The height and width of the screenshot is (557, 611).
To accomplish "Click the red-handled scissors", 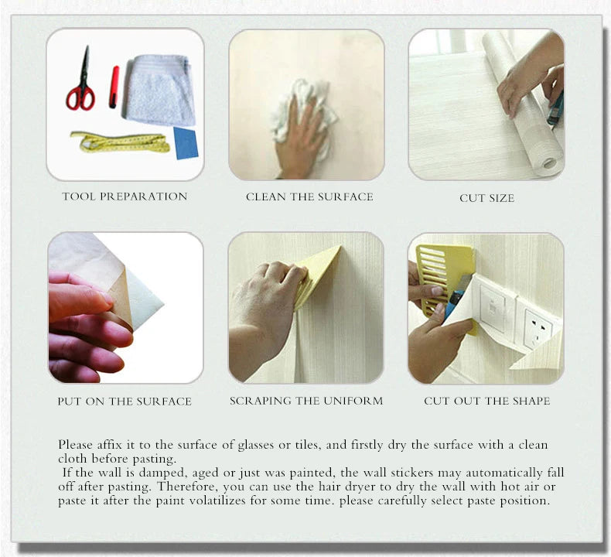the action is click(81, 94).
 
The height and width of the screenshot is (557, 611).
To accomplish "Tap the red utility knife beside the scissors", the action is click(114, 87).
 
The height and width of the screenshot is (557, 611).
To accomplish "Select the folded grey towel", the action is click(159, 89).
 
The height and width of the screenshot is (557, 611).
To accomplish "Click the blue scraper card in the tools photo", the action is click(186, 143).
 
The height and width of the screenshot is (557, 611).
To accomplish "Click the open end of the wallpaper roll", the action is click(550, 162).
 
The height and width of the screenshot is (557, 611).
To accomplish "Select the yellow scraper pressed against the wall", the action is click(316, 273).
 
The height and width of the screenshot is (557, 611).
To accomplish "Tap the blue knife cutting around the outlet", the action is click(456, 296).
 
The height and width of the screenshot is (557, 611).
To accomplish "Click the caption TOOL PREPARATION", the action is click(125, 196).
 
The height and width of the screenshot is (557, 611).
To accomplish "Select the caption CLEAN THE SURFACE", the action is click(309, 196).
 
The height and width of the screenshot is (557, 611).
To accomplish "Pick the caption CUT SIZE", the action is click(486, 198).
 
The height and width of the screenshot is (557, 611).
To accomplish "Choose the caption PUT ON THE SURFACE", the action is click(125, 402).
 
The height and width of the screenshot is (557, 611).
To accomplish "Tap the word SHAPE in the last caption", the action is click(533, 401).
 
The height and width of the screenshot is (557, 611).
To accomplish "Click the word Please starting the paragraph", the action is click(75, 445).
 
